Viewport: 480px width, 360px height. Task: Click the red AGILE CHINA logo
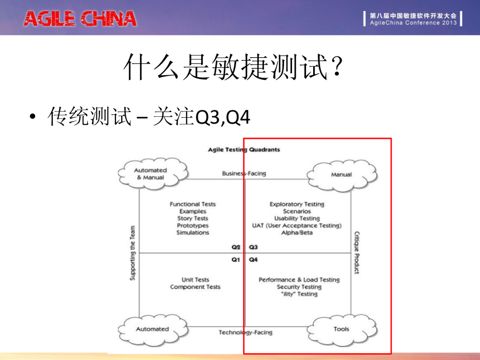click(x=80, y=19)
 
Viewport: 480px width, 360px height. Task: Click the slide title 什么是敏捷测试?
click(x=233, y=67)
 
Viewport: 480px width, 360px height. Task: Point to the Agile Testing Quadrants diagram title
click(x=244, y=150)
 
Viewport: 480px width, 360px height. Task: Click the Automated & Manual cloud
click(x=150, y=174)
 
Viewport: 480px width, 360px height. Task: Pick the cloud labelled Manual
click(x=341, y=175)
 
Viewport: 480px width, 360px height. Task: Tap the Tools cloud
click(x=341, y=329)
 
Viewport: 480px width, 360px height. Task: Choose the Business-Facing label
click(x=244, y=173)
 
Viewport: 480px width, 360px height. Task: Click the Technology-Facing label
click(x=245, y=332)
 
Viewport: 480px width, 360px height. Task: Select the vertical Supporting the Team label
click(x=133, y=254)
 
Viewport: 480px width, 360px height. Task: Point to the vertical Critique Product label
click(x=357, y=253)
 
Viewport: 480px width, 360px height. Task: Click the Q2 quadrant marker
click(x=236, y=247)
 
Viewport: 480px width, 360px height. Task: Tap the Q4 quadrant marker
click(x=253, y=260)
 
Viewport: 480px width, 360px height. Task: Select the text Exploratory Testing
click(x=297, y=204)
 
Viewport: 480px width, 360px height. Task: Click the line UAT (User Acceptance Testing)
click(x=297, y=225)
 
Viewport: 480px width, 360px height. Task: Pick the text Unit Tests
click(x=195, y=280)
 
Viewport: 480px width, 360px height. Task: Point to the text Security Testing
click(x=299, y=287)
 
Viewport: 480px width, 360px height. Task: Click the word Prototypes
click(x=193, y=225)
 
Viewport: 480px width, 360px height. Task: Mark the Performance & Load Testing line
click(x=299, y=280)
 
